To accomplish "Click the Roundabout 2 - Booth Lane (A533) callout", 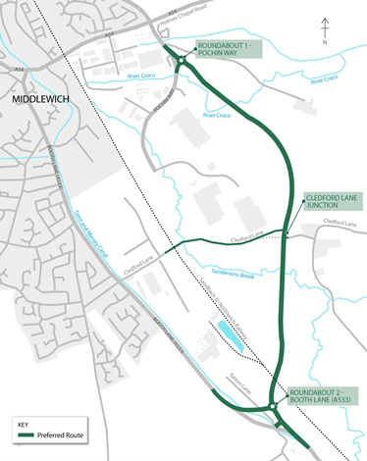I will [321, 397].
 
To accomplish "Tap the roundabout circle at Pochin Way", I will [183, 64].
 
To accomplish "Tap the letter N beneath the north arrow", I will [324, 44].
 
